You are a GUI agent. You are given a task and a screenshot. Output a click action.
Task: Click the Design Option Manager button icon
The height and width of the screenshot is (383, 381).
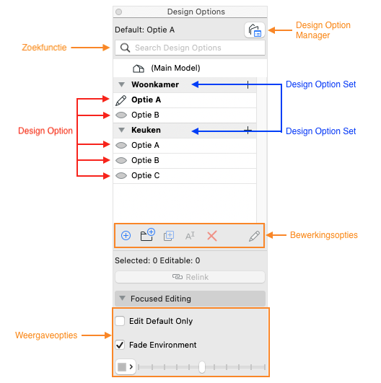pos(255,30)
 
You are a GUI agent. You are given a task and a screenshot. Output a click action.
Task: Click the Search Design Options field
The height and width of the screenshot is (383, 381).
pos(190,48)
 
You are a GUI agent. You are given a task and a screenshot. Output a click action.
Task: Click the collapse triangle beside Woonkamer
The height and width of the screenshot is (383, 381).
pos(121,84)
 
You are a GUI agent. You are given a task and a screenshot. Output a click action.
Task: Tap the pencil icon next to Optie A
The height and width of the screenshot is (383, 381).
pos(121,100)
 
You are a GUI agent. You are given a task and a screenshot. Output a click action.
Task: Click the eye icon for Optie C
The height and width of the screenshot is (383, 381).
pos(121,175)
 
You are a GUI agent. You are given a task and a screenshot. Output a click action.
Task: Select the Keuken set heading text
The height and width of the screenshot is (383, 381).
pos(146,130)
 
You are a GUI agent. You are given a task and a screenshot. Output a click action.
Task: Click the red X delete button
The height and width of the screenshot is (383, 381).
pos(212,236)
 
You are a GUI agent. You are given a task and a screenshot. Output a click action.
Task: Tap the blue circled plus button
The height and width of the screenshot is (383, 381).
pos(126,236)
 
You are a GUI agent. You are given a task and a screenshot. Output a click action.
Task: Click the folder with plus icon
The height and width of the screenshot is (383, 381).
pos(147,234)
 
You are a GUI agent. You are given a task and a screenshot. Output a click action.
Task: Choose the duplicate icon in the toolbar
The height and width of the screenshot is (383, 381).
pos(169,236)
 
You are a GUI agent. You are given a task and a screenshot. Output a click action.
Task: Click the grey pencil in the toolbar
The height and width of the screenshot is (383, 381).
pos(254,236)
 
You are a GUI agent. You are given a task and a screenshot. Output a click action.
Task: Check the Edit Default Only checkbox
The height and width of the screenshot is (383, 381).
pos(120,321)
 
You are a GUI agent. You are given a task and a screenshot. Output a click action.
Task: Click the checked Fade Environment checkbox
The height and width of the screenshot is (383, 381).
pos(120,345)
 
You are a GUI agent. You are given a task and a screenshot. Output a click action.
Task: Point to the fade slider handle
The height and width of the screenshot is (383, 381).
pos(202,367)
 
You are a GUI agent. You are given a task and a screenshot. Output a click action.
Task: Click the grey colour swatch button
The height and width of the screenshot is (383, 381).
pos(126,366)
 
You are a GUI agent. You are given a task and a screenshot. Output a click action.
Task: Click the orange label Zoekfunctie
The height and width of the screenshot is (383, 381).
pos(44,48)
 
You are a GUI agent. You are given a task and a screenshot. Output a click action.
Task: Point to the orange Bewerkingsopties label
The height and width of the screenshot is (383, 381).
pos(324,235)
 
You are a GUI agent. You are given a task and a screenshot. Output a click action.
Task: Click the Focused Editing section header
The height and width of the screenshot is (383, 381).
pos(190,299)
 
